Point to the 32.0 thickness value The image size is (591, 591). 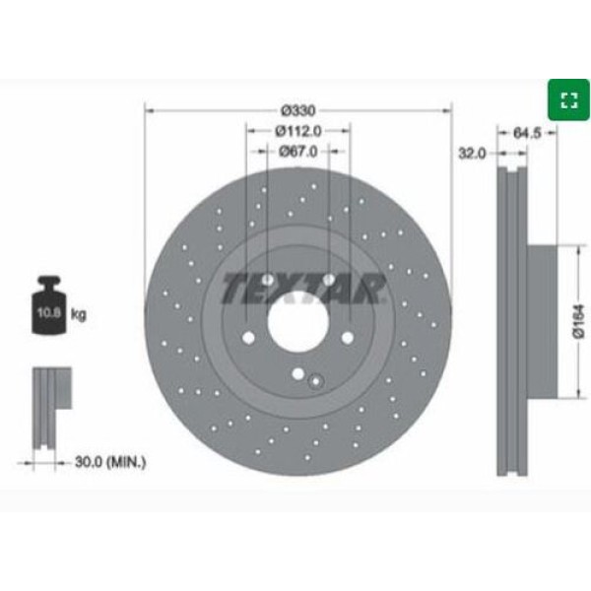click(x=472, y=153)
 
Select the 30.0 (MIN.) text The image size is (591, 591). click(x=109, y=460)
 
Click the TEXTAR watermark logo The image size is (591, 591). click(x=301, y=288)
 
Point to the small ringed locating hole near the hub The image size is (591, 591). click(x=314, y=382)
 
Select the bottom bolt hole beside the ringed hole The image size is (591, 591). click(x=297, y=373)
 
